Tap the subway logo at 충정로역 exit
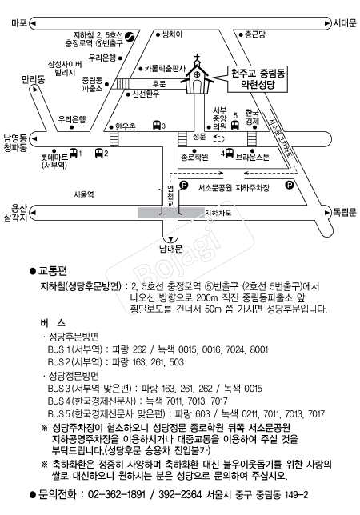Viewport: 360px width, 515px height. (x=130, y=36)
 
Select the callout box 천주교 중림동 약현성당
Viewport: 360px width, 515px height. (x=258, y=79)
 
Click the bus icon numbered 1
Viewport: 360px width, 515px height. (x=74, y=153)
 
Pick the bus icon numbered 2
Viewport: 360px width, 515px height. (x=99, y=153)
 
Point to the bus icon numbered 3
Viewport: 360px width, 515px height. (x=157, y=125)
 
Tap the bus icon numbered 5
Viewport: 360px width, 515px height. (x=235, y=125)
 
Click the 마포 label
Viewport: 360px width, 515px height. (x=19, y=23)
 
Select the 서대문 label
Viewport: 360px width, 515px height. (x=345, y=23)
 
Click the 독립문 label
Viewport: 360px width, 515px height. (x=345, y=212)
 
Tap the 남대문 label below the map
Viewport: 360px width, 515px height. (x=170, y=249)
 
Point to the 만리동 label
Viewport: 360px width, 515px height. (x=33, y=79)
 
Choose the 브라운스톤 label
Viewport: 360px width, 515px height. (x=253, y=157)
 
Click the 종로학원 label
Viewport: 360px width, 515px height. (x=194, y=157)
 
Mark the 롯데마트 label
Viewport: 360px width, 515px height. (x=54, y=157)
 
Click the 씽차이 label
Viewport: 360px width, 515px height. (x=172, y=34)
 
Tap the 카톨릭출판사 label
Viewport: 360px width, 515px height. (x=165, y=69)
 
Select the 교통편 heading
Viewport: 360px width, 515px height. (x=53, y=271)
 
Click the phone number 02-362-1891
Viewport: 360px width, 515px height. (x=117, y=494)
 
